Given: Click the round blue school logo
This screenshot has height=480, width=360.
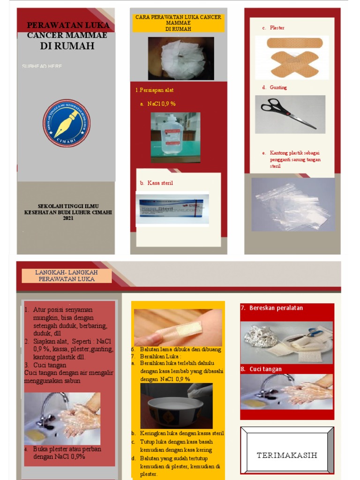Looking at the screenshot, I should [x=67, y=123].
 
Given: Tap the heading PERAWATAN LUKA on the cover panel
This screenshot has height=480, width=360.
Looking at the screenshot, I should [x=68, y=25].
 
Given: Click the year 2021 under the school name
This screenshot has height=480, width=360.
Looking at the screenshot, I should [x=68, y=218].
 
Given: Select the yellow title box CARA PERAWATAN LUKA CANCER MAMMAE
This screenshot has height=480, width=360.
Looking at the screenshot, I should [x=178, y=23].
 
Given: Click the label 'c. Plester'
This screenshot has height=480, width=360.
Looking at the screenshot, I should [x=274, y=28].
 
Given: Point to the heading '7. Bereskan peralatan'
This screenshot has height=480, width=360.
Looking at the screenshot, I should [x=272, y=308].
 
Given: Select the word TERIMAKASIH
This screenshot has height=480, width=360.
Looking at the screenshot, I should [x=287, y=455].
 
